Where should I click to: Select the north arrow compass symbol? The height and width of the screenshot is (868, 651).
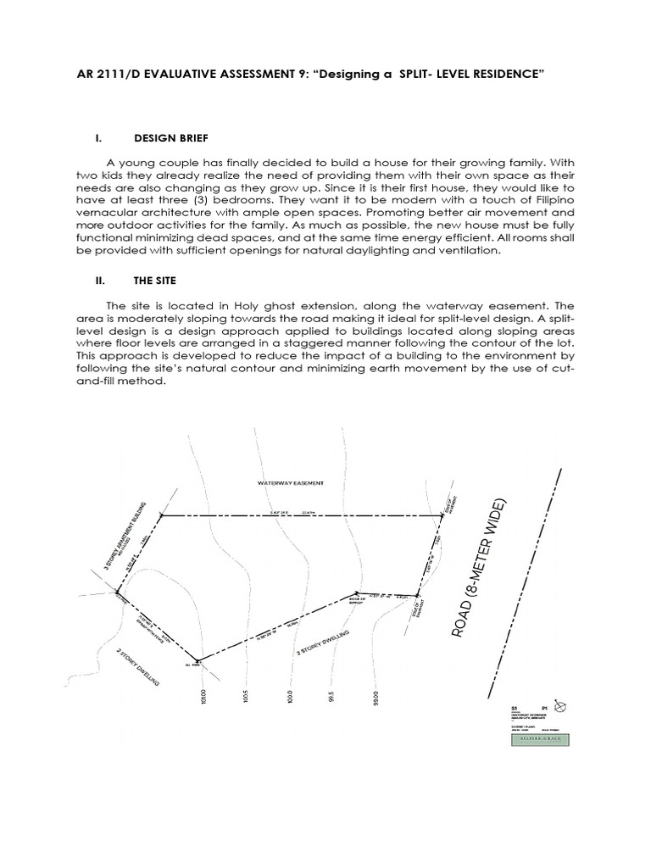(560, 705)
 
